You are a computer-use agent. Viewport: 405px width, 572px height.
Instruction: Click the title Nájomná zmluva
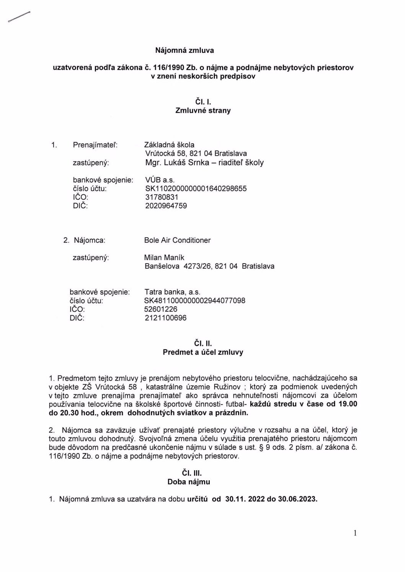point(184,51)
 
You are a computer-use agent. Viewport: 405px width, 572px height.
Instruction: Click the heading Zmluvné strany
point(203,111)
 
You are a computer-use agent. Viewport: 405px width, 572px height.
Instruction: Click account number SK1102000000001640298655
point(196,189)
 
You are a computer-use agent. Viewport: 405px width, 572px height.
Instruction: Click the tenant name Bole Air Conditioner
point(177,240)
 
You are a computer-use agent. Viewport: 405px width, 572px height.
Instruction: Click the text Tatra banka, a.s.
point(172,292)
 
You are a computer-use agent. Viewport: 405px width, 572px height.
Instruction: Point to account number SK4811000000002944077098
point(194,301)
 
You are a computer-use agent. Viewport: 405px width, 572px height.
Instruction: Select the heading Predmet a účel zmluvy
point(203,352)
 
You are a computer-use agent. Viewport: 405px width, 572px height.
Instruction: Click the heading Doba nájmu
point(189,482)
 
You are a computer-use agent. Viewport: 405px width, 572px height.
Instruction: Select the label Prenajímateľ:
point(95,145)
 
